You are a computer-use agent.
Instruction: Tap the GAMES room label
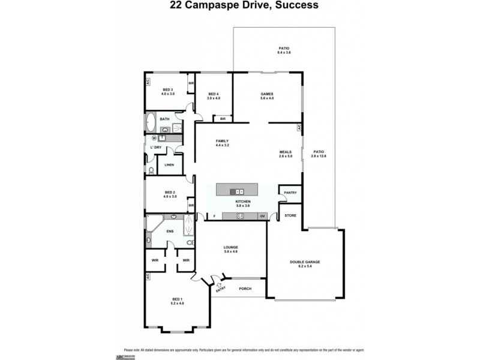click(x=267, y=94)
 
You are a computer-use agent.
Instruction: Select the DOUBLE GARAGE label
click(x=305, y=261)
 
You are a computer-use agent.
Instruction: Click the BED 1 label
click(x=177, y=299)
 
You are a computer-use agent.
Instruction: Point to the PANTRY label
click(x=291, y=193)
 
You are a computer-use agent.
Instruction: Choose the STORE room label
click(x=290, y=215)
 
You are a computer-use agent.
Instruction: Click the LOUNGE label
click(x=231, y=247)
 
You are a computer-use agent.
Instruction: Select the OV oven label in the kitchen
click(x=262, y=215)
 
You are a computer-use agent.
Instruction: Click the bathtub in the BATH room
click(x=150, y=127)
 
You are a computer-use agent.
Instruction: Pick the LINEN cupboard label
click(x=169, y=164)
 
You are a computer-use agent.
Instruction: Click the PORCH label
click(x=244, y=289)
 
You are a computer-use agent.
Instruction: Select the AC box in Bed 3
click(x=146, y=82)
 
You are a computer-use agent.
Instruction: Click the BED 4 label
click(x=214, y=94)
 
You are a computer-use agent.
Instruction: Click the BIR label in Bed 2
click(x=191, y=206)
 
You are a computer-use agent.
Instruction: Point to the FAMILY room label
click(x=223, y=142)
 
